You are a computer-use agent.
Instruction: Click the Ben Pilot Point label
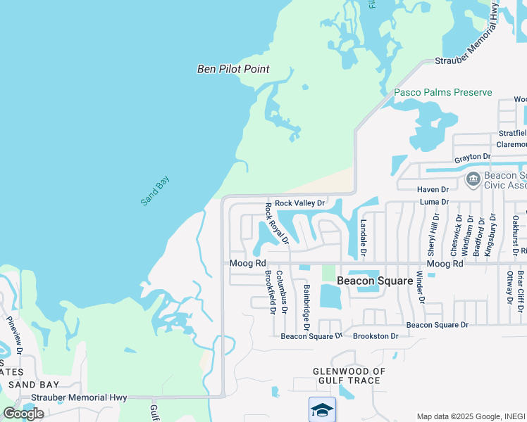coord(233,69)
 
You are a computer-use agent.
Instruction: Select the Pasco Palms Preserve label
coord(442,92)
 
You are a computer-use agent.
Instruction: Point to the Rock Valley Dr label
coord(299,203)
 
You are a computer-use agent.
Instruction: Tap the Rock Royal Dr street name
coord(276,223)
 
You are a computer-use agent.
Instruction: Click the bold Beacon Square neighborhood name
coord(374,280)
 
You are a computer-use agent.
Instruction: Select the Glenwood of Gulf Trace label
coord(349,376)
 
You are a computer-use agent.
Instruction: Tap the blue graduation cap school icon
coord(321,409)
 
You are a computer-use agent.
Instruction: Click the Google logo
coord(24,413)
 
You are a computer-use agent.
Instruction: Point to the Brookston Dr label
coord(376,336)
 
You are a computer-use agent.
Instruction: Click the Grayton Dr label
coord(472,156)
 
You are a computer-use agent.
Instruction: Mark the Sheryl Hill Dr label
coord(434,234)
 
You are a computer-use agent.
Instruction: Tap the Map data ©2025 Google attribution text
coord(469,416)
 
